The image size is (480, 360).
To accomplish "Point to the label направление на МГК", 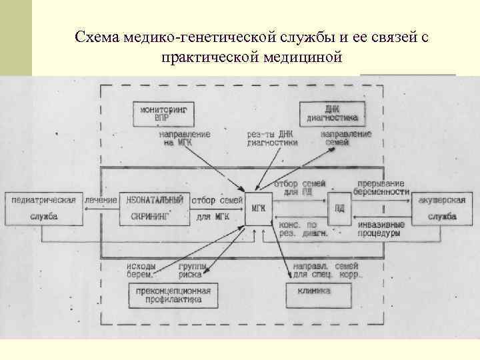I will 185,138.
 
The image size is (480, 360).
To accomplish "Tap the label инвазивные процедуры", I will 378,229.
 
